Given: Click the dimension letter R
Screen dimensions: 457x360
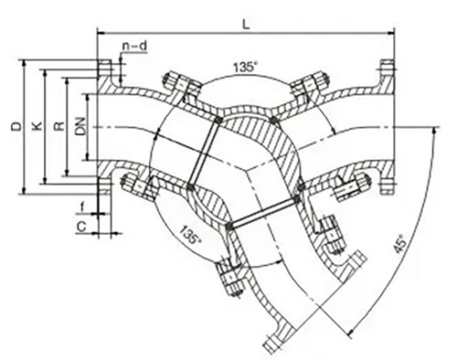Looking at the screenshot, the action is pos(59,128).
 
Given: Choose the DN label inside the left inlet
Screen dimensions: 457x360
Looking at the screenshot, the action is pos(82,128).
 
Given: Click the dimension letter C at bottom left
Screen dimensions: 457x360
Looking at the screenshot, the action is pos(81,221).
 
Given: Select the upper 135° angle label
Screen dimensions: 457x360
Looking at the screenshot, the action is pos(245,68).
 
